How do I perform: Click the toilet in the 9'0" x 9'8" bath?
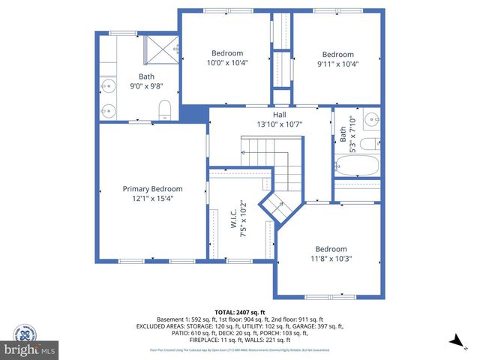tap(166, 109)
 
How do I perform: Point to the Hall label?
tap(279, 115)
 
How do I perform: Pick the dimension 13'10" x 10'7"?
tap(279, 124)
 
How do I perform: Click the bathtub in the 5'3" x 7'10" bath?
tap(358, 167)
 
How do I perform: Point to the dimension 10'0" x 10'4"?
tap(226, 63)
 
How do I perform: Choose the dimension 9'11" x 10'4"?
tap(337, 64)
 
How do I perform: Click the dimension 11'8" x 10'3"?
tap(330, 259)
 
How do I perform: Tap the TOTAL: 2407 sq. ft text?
tap(240, 312)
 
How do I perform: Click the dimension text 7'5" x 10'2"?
tap(242, 219)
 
